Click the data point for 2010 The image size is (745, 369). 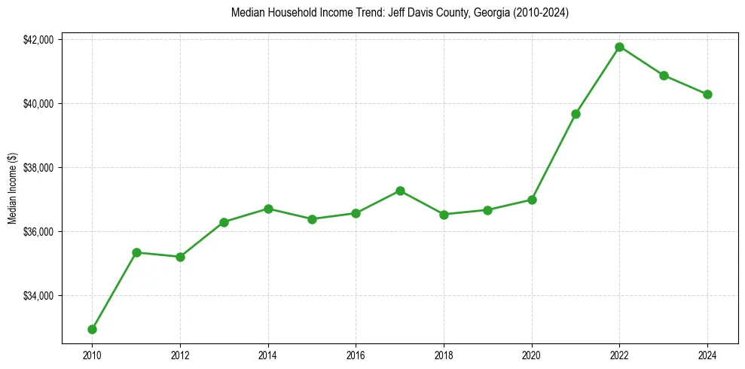92,329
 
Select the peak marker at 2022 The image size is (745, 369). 619,47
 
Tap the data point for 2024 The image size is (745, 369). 707,94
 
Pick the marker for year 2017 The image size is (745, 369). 400,191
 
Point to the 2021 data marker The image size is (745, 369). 576,114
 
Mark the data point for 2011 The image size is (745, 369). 136,252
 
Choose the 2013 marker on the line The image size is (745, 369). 224,222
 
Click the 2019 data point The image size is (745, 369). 487,210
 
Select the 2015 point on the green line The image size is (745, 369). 312,219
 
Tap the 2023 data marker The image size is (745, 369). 664,75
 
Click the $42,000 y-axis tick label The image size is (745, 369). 38,39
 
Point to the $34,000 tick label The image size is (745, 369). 38,295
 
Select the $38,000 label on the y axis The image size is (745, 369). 38,167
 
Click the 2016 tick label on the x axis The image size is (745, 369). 356,354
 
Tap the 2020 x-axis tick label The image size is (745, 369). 532,354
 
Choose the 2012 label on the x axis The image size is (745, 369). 180,354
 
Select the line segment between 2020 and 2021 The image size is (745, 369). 554,157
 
